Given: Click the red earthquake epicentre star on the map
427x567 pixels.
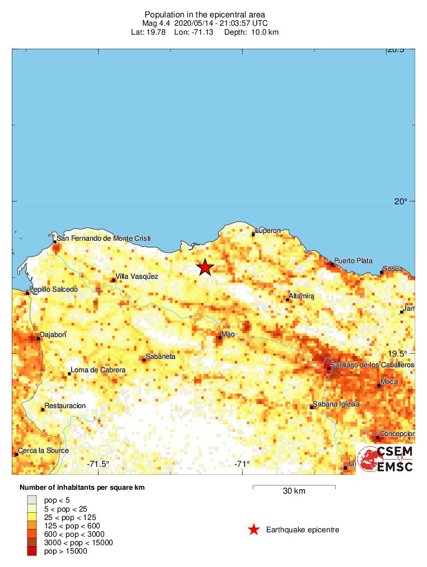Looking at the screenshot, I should (x=205, y=268).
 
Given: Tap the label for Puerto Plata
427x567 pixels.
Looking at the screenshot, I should (x=353, y=261).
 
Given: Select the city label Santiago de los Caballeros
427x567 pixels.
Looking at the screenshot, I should (x=372, y=365).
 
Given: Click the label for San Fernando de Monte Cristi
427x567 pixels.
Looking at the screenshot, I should (x=104, y=238).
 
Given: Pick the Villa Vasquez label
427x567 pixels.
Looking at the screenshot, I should (x=137, y=277).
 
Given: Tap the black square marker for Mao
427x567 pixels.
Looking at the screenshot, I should (x=220, y=338).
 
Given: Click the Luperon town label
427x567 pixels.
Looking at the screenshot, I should (x=268, y=231).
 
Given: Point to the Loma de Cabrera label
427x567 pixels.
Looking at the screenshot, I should (x=98, y=371).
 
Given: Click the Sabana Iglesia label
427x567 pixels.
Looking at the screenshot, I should (x=336, y=404).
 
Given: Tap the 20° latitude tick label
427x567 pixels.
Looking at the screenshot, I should (x=400, y=202).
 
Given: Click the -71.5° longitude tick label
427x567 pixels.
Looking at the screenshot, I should (x=99, y=463).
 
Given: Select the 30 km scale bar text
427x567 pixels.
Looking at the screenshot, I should (x=294, y=491).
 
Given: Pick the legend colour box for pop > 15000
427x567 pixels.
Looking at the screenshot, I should (x=32, y=551).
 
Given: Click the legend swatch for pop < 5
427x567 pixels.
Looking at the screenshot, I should (x=32, y=500).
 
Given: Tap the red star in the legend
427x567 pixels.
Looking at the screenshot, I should (x=254, y=529).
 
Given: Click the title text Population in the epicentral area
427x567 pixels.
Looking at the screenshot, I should (x=205, y=15).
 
